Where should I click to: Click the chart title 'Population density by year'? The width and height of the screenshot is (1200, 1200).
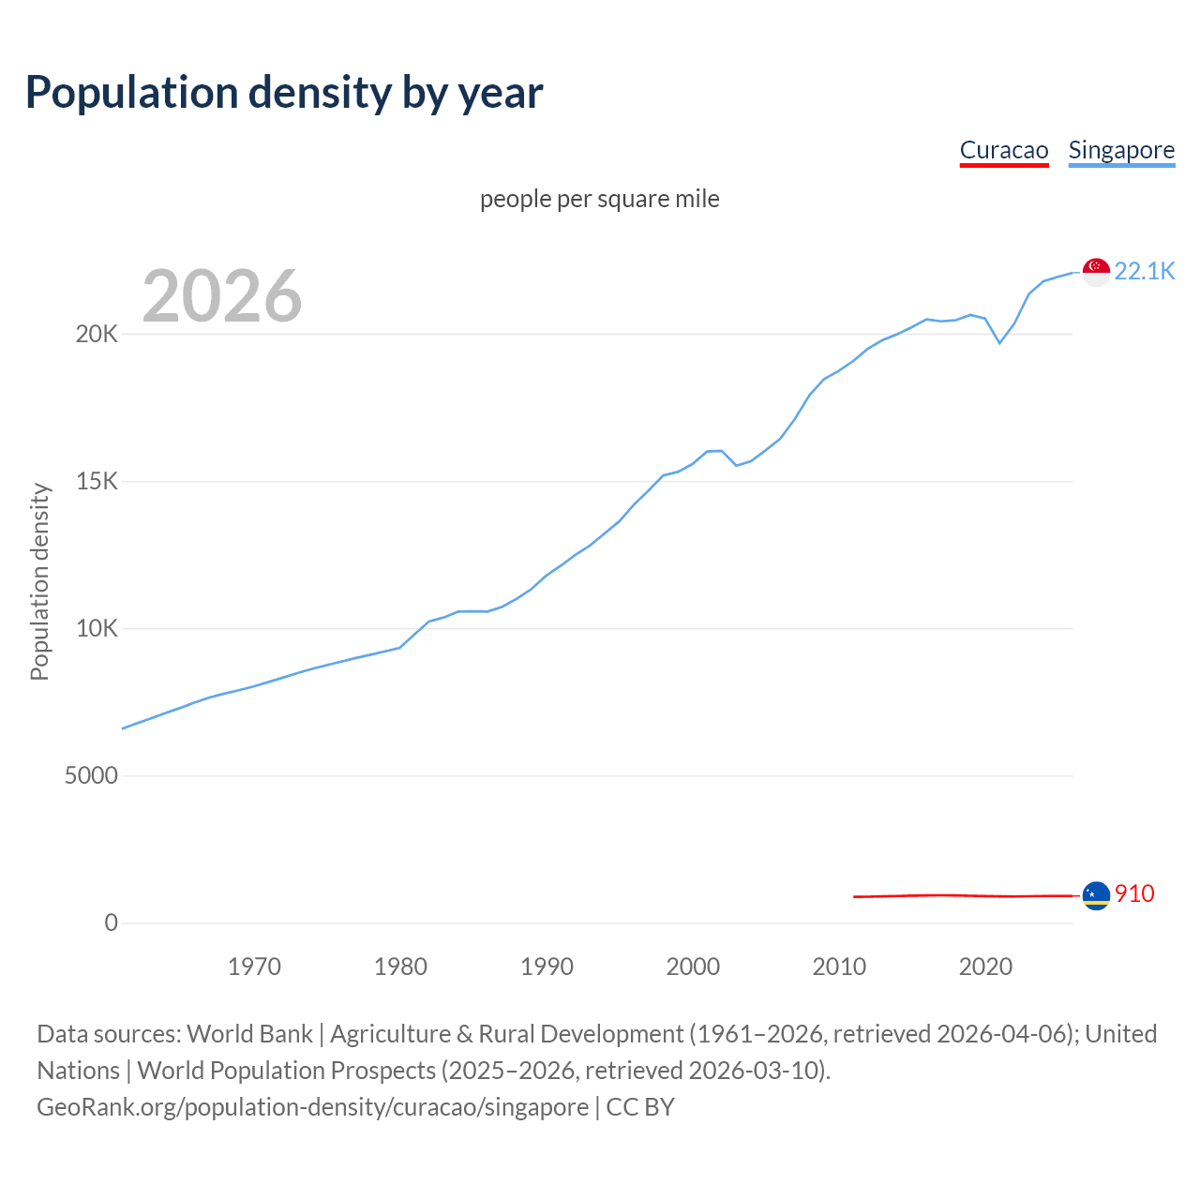(284, 93)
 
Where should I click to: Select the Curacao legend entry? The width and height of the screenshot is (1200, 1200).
(1003, 150)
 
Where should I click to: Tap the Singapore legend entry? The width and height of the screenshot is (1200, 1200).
(1121, 150)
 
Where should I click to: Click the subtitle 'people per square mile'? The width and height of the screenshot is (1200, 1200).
(599, 199)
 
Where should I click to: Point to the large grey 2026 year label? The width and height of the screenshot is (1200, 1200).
(222, 296)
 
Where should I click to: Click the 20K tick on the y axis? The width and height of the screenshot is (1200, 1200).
(97, 335)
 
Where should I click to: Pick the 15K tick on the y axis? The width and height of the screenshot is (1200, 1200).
(97, 482)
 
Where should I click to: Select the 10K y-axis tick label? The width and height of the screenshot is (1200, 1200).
(97, 629)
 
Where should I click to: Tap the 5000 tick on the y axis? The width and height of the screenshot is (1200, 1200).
(91, 776)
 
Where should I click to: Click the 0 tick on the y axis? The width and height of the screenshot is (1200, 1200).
(111, 923)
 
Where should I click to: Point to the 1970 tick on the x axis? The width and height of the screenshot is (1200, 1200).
(254, 967)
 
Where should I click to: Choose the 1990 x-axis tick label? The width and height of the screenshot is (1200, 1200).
(547, 967)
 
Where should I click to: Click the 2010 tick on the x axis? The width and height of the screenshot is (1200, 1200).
(839, 967)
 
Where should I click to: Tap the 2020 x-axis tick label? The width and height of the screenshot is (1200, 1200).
(985, 967)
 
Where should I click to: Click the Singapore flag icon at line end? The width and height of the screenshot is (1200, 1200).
(1096, 272)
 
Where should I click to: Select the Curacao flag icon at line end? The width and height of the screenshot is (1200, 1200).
(1096, 895)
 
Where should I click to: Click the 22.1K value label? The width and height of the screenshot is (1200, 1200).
(1144, 271)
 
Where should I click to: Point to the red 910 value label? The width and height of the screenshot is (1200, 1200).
(1134, 894)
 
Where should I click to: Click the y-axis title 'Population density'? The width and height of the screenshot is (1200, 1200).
(39, 581)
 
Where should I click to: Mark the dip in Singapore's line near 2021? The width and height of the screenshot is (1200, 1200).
(999, 342)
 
